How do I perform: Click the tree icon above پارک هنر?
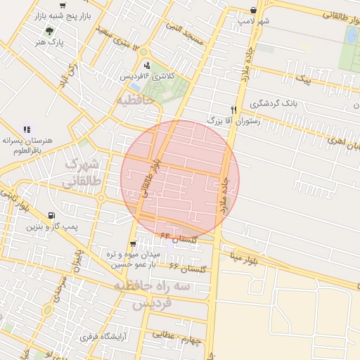pyautogui.click(x=49, y=31)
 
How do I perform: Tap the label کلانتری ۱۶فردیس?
pyautogui.click(x=146, y=75)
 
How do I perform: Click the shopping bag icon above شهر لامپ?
pyautogui.click(x=253, y=11)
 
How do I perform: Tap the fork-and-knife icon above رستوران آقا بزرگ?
pyautogui.click(x=233, y=110)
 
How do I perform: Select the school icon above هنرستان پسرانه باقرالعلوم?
pyautogui.click(x=27, y=129)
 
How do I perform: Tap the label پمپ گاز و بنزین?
pyautogui.click(x=51, y=227)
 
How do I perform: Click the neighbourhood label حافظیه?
pyautogui.click(x=135, y=100)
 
